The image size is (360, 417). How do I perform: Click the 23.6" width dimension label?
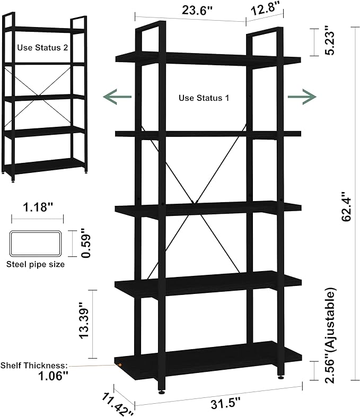coord(197,11)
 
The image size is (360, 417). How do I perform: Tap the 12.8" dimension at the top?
coord(266,10)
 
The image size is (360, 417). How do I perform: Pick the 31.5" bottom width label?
coord(225,404)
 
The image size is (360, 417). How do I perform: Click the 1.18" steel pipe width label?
coord(38,207)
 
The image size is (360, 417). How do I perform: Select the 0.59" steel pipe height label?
coord(86,242)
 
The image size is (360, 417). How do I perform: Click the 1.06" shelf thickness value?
coord(53,376)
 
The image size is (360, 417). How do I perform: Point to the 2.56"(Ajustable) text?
coord(330,335)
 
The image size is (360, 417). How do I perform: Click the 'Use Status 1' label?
coord(204,98)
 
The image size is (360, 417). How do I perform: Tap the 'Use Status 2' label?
coord(42,48)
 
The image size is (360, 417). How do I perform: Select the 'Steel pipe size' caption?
coord(36,264)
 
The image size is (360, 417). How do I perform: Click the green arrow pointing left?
coord(117,97)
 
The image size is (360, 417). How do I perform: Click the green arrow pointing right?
coord(302,97)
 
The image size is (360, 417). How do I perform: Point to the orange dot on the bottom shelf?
coord(120,365)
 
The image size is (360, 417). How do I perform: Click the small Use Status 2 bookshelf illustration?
coord(45,97)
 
